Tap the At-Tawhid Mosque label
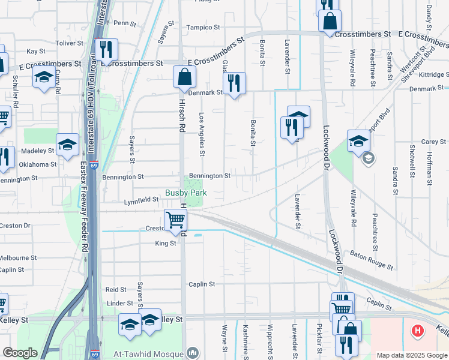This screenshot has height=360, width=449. pos(149,353)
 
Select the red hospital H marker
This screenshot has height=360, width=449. pos(416,331)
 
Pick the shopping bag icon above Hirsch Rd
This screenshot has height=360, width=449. pos(184,77)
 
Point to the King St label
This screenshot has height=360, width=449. pos(166,243)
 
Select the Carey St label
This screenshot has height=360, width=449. pos(433,142)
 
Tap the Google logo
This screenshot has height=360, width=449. pos(19,353)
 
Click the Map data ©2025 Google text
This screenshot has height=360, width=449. pos(411,355)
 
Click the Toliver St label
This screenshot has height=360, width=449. pos(70,43)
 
